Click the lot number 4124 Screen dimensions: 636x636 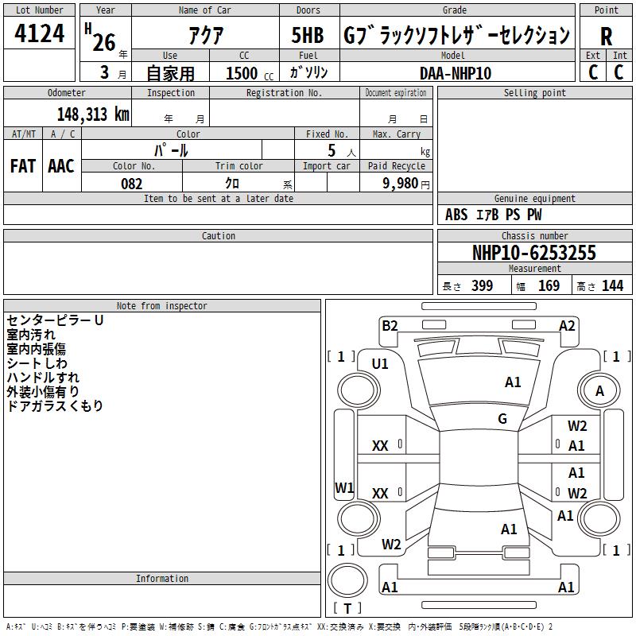tap(39, 33)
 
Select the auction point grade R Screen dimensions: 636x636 tap(606, 37)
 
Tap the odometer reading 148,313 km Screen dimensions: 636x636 tap(93, 114)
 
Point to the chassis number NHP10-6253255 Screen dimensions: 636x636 tap(534, 253)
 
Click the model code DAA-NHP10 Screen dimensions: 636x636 tap(455, 73)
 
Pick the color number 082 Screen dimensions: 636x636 tap(131, 184)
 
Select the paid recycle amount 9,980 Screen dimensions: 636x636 tap(400, 183)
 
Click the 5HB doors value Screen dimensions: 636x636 tap(308, 35)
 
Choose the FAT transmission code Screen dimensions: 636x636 tap(23, 166)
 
